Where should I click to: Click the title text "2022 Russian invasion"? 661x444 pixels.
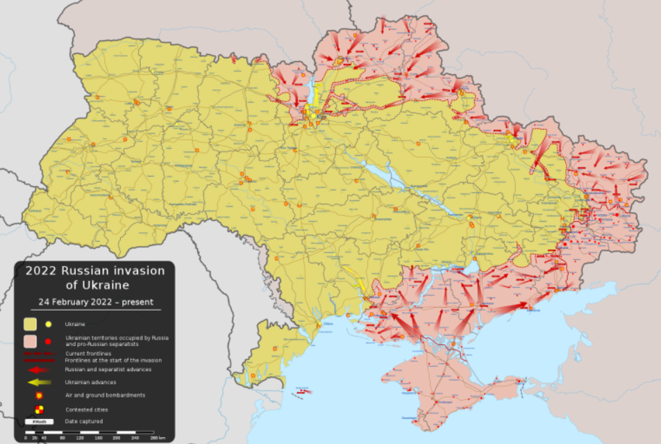pos(95,270)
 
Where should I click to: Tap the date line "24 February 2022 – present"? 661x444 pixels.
pos(95,302)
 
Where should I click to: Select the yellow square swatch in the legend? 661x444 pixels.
pos(31,324)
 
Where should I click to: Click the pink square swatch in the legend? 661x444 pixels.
pos(31,341)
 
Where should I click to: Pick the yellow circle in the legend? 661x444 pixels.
pos(48,324)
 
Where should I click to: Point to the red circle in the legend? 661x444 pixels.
pos(48,341)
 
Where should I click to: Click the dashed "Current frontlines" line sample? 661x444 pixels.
pos(40,354)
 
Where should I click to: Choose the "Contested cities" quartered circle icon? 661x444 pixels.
pos(40,409)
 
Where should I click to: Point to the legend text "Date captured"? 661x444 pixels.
pos(84,421)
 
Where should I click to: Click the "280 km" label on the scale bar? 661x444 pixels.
pos(158,438)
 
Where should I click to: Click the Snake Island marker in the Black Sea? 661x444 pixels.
pos(303,392)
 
